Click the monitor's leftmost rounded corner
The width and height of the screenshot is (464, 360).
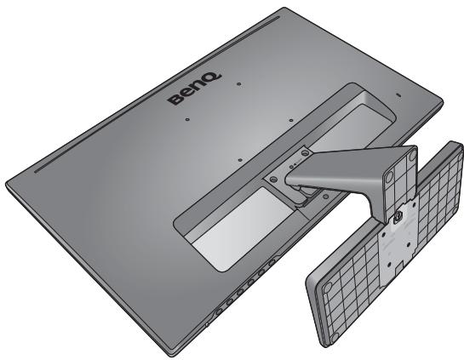point(10,181)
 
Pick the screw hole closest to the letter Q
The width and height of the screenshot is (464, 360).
point(239,84)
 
